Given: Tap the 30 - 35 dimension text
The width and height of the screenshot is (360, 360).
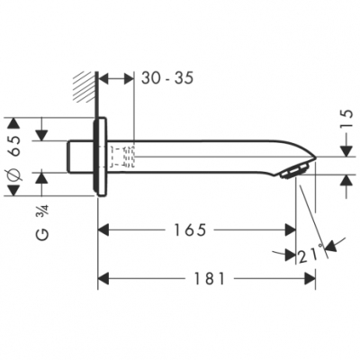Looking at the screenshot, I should coord(167,78).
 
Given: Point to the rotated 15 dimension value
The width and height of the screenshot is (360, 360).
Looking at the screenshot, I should coord(347,118).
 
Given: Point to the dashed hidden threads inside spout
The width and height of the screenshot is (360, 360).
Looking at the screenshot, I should coord(122,156).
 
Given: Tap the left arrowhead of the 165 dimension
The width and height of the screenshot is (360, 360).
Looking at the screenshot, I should coord(103,230).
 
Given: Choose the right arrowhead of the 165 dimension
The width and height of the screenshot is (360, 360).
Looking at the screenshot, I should coord(290,230).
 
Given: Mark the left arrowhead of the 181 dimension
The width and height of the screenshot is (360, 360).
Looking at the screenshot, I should coord(103,280).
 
